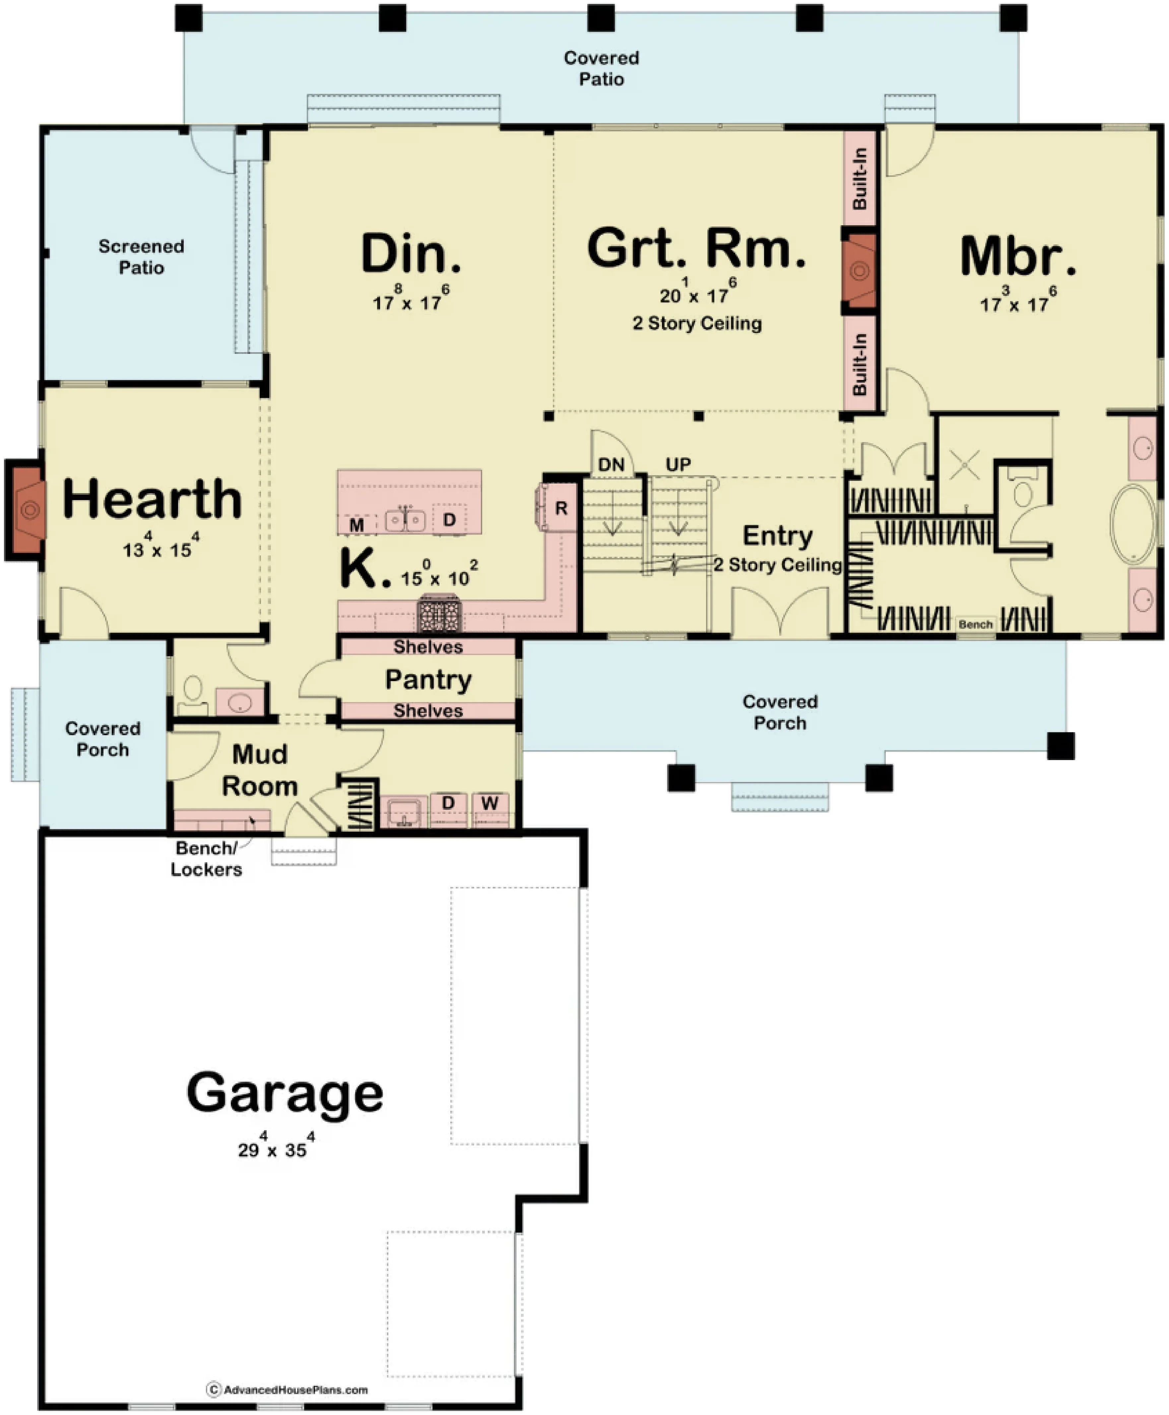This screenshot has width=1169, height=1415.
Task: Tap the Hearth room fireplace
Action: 26,510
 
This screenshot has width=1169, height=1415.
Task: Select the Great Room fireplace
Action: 859,271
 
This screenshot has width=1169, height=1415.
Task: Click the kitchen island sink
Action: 405,520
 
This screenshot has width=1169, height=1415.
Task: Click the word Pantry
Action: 428,680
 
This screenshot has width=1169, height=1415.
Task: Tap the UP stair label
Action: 678,465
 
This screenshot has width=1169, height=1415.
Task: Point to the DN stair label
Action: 612,465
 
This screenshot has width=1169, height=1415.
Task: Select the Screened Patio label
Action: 141,257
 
